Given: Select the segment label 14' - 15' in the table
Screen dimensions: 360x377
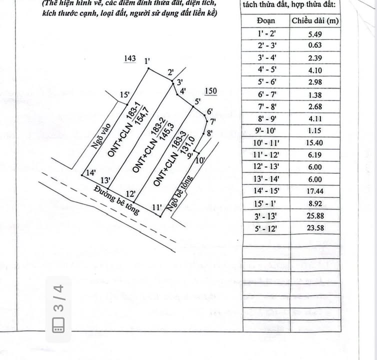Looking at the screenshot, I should tap(266, 191).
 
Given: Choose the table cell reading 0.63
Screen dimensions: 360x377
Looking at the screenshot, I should tap(314, 45).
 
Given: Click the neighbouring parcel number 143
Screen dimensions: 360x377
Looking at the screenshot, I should tap(129, 59).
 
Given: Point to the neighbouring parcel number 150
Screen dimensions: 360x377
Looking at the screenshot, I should tap(211, 91).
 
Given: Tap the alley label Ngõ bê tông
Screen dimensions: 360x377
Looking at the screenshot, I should tap(183, 193).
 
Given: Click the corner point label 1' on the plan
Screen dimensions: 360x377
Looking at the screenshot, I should tap(147, 61).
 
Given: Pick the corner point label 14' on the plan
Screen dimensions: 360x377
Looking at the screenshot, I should tap(90, 173).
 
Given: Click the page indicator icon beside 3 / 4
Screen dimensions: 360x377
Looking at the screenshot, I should tap(58, 325).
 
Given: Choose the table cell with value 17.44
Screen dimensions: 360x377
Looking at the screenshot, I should tap(314, 191).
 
